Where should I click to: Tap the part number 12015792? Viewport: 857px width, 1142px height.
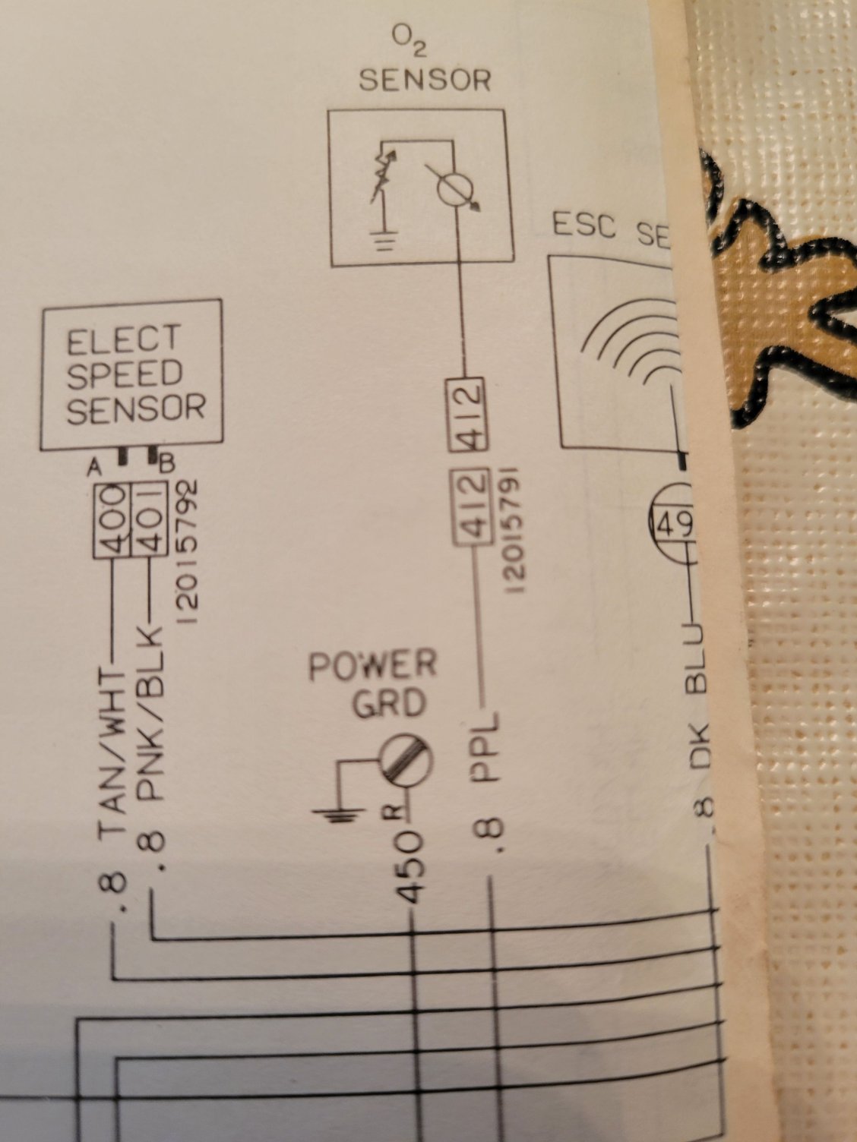(x=191, y=550)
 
